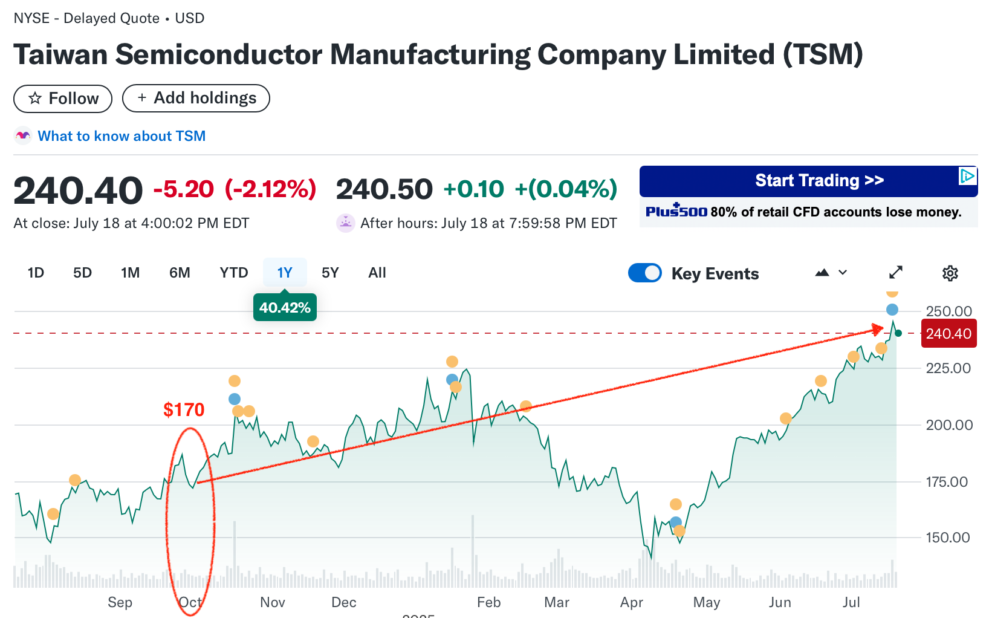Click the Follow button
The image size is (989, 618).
[63, 99]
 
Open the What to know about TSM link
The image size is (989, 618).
[122, 136]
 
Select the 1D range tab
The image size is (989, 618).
[36, 273]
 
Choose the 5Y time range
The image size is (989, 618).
[330, 273]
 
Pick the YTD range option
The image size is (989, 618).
[234, 273]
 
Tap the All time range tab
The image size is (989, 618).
[377, 273]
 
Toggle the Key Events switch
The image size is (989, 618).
[645, 273]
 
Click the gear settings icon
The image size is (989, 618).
[950, 273]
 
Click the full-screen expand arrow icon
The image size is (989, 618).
[896, 273]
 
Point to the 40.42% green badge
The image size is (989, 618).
[285, 308]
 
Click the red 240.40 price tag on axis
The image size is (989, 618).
[948, 334]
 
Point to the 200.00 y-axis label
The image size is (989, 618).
[949, 425]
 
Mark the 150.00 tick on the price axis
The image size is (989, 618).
[948, 538]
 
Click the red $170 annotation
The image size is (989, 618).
[184, 410]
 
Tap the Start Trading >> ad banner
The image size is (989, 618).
[808, 181]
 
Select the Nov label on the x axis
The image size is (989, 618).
[273, 602]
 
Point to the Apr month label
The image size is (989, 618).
[632, 602]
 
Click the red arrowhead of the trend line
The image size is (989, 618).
[878, 329]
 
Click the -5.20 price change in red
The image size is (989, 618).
[184, 189]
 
